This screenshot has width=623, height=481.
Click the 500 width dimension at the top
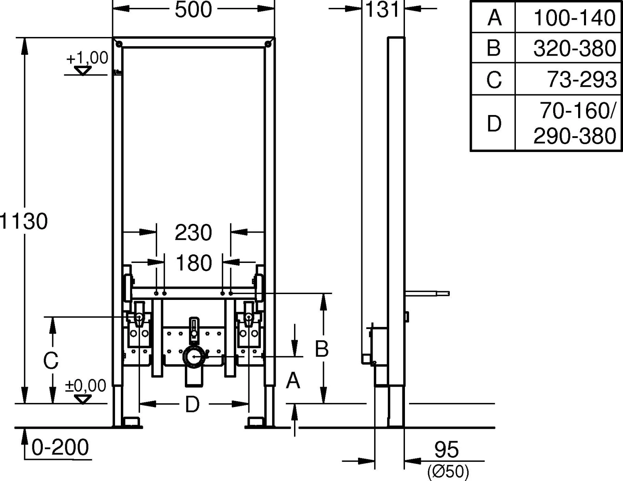click(x=193, y=10)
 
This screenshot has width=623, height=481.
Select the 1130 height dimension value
click(x=24, y=221)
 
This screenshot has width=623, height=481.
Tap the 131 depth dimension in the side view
click(x=383, y=10)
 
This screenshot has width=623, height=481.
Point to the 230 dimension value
click(x=193, y=233)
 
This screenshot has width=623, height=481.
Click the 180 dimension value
click(x=194, y=263)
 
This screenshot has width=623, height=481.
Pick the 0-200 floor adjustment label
click(x=60, y=447)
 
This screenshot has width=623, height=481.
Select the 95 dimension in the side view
click(x=446, y=449)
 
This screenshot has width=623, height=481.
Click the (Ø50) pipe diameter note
click(x=448, y=471)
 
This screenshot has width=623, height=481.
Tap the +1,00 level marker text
click(x=87, y=58)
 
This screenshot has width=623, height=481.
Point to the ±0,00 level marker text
click(x=86, y=385)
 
